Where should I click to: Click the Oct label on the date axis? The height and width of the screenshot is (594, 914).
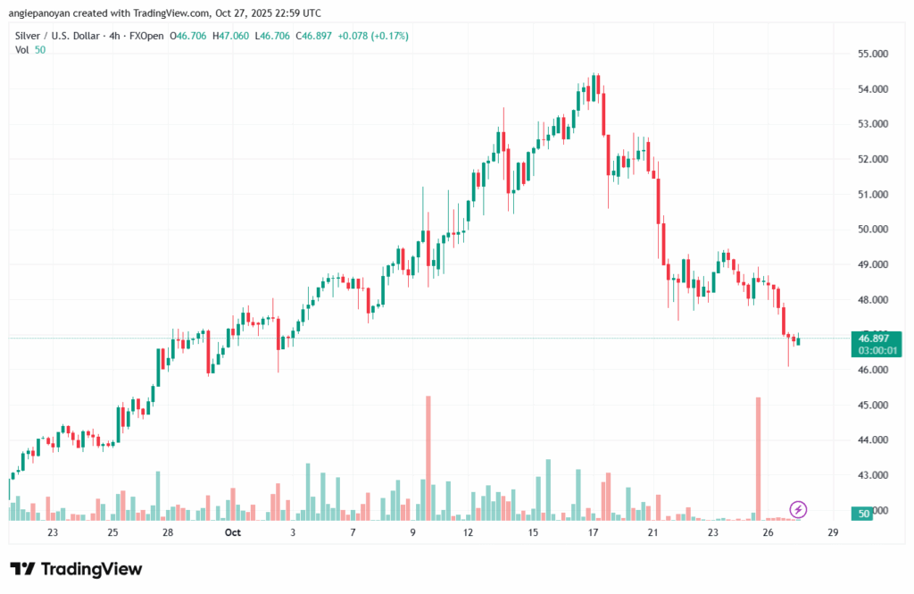233,533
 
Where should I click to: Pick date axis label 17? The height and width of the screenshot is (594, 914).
593,533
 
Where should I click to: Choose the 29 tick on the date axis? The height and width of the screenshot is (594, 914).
833,533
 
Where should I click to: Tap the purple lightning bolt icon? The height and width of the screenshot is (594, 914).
799,510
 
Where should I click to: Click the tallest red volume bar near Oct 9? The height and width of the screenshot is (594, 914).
428,457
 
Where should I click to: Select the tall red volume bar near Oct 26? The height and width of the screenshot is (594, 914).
759,457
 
